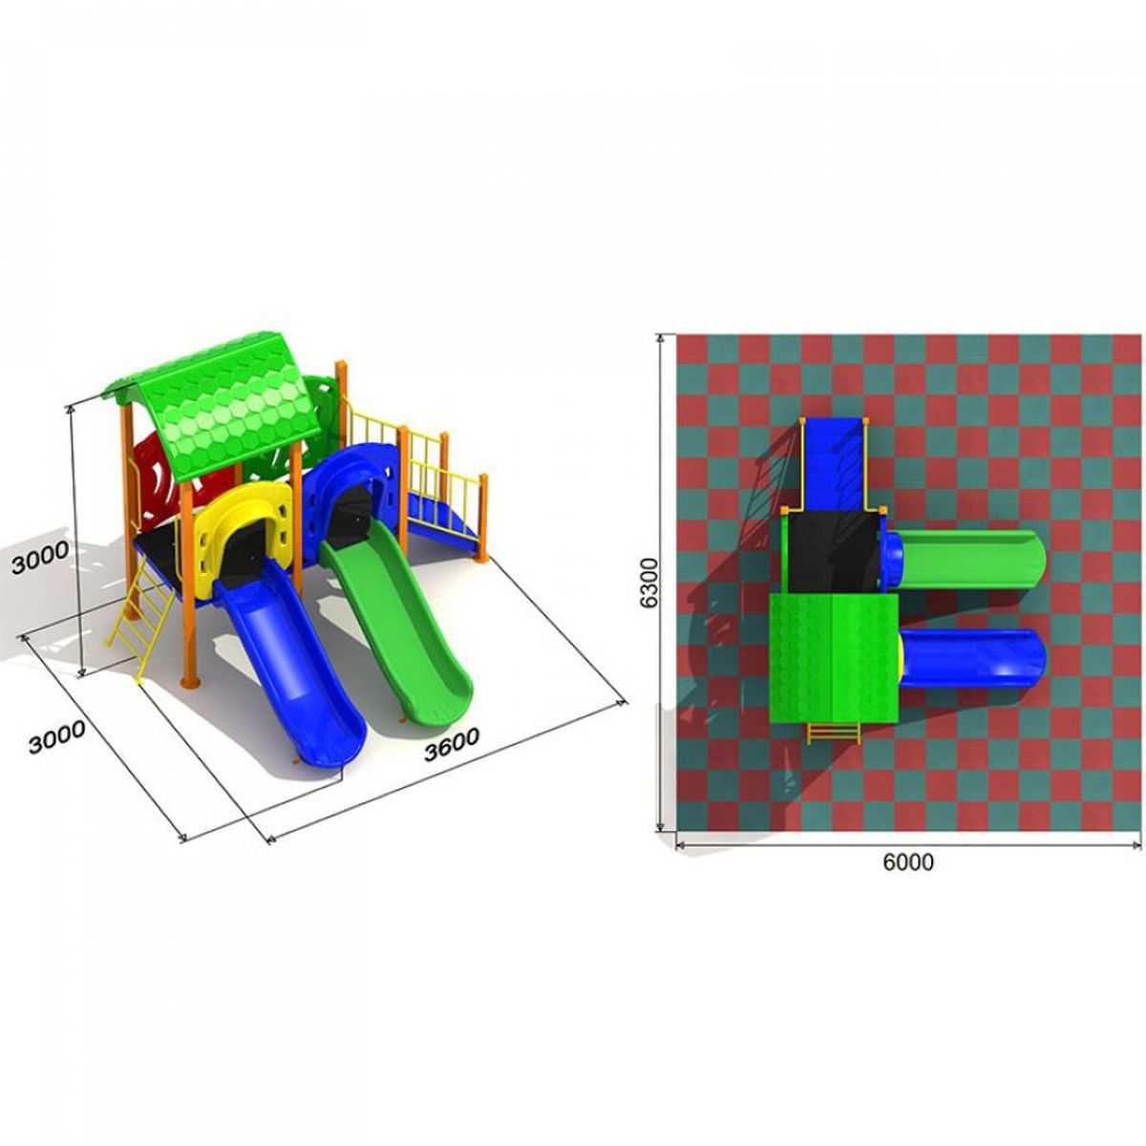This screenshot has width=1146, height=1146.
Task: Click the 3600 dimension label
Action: tap(452, 744)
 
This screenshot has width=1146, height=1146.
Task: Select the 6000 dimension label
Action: tap(908, 861)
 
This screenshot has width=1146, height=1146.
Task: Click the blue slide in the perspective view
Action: tap(291, 666)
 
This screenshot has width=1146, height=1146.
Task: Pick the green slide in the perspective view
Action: tap(399, 619)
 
